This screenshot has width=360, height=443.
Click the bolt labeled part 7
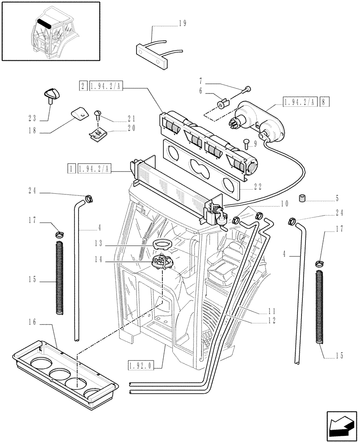click(x=247, y=89)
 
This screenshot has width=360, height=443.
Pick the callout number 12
click(x=272, y=320)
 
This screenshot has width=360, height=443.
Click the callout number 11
click(x=272, y=311)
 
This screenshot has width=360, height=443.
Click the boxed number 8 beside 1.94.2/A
click(x=325, y=101)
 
